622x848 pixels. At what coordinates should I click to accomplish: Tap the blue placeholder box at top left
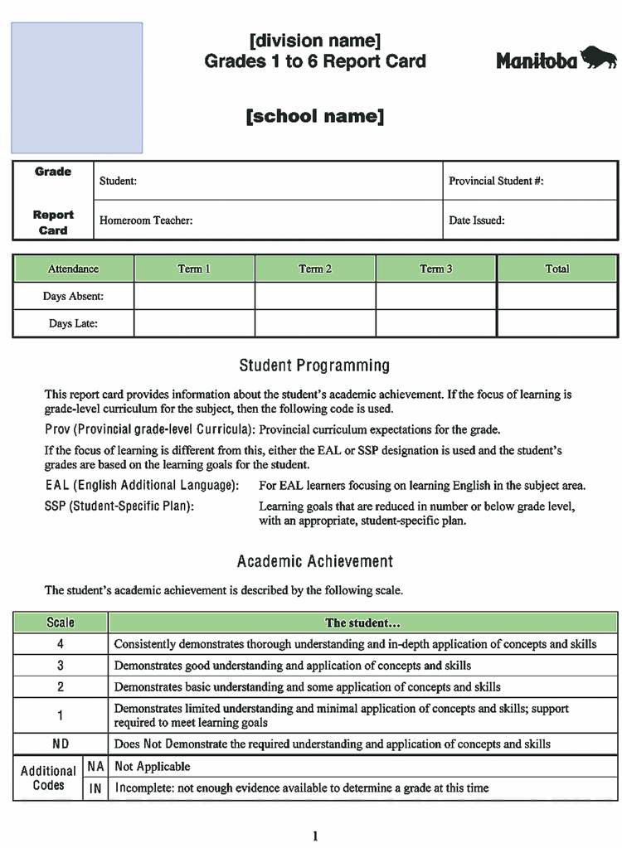pyautogui.click(x=76, y=88)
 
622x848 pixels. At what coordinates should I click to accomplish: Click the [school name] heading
pyautogui.click(x=314, y=116)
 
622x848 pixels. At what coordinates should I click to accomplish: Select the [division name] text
pyautogui.click(x=314, y=41)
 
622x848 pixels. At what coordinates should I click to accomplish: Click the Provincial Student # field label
pyautogui.click(x=496, y=181)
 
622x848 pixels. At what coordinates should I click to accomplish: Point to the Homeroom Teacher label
pyautogui.click(x=146, y=220)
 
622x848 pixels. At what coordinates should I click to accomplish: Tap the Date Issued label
pyautogui.click(x=477, y=220)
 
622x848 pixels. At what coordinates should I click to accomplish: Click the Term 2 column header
pyautogui.click(x=315, y=269)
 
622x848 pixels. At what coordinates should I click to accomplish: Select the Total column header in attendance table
pyautogui.click(x=557, y=269)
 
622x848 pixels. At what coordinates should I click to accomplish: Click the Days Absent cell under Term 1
pyautogui.click(x=194, y=296)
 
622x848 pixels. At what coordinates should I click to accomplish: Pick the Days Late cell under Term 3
pyautogui.click(x=436, y=323)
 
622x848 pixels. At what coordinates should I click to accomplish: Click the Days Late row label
pyautogui.click(x=73, y=323)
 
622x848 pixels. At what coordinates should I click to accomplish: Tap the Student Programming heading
pyautogui.click(x=314, y=366)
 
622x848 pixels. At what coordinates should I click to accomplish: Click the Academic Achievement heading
pyautogui.click(x=314, y=561)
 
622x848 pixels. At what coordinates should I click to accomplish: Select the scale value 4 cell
pyautogui.click(x=60, y=644)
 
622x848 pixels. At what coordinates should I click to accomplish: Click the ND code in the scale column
pyautogui.click(x=60, y=744)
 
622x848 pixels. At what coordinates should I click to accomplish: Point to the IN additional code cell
pyautogui.click(x=95, y=788)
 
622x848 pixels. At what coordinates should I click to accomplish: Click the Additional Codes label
pyautogui.click(x=48, y=778)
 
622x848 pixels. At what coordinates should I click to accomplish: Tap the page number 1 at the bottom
pyautogui.click(x=315, y=836)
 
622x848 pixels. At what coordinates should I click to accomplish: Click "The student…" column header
pyautogui.click(x=362, y=623)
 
